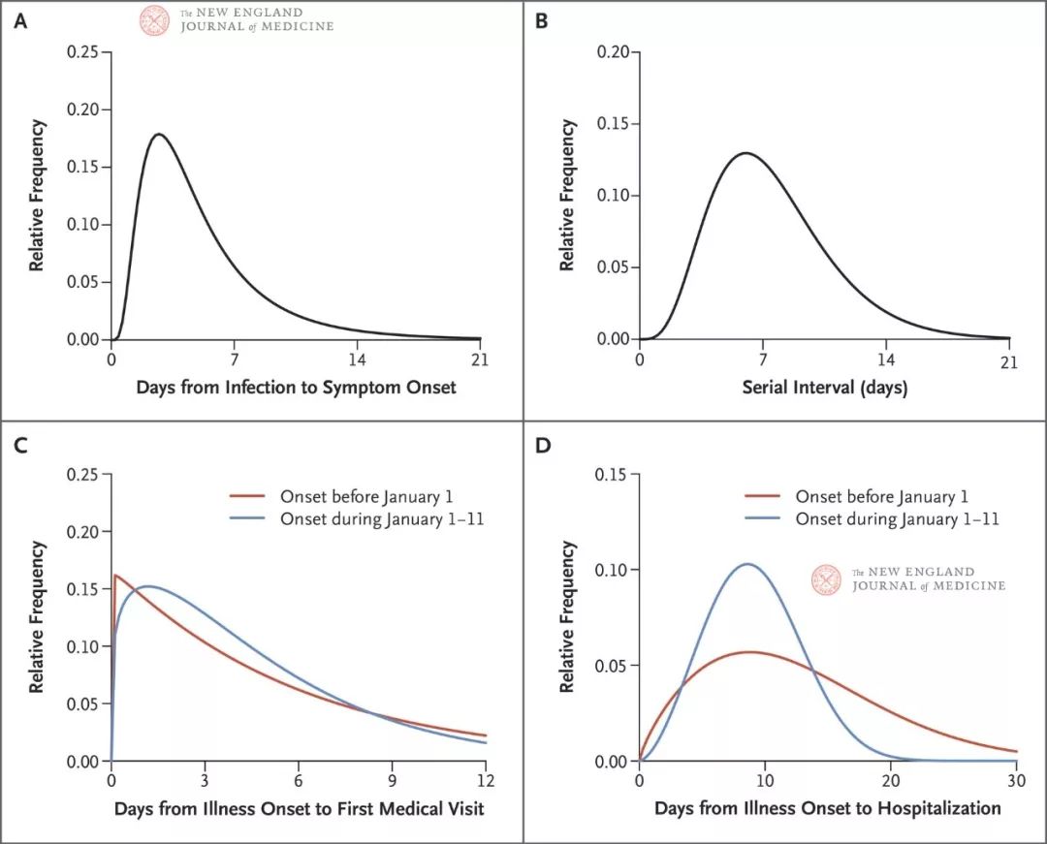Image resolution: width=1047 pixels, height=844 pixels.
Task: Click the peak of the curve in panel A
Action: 159,135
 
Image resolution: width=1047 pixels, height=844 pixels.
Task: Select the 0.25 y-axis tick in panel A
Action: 83,51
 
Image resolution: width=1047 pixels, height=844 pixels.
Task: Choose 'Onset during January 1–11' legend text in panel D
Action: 897,519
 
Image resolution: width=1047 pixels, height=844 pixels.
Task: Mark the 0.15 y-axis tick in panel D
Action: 612,474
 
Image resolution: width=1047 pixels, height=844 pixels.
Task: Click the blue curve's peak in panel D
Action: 747,564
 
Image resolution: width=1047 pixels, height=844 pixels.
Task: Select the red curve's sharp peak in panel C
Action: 115,575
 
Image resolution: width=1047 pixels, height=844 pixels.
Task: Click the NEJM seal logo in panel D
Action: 827,579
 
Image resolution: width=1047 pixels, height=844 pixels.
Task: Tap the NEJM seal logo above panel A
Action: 155,20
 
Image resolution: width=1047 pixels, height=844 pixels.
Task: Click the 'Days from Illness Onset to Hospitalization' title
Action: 827,808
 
